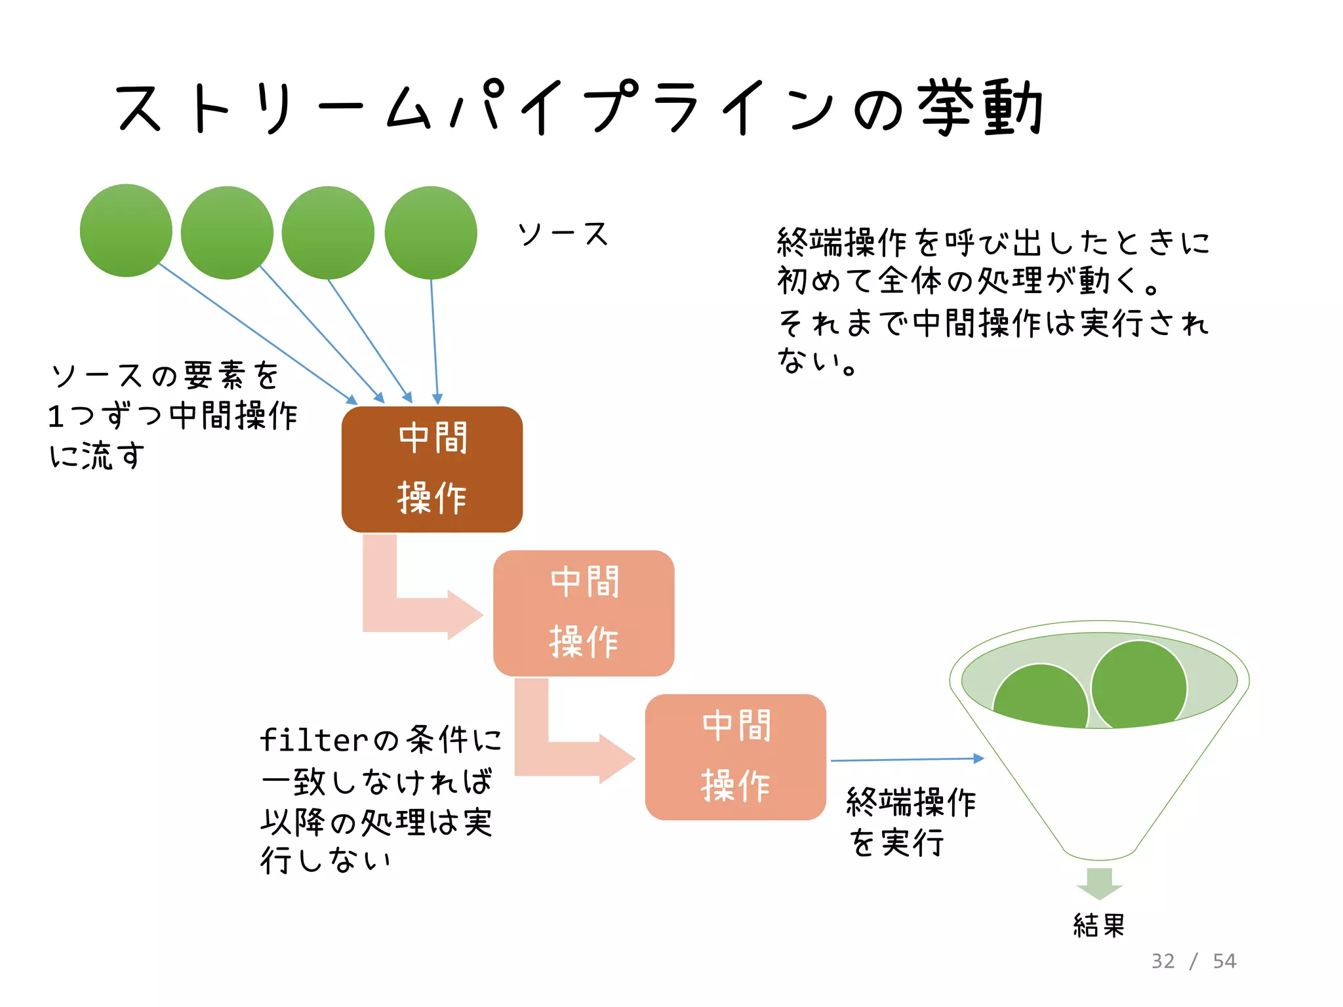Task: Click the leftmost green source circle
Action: (x=126, y=230)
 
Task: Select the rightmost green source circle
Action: (x=430, y=232)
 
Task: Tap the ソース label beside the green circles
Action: (x=563, y=234)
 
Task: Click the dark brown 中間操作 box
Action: (x=431, y=469)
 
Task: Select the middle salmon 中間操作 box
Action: (x=584, y=613)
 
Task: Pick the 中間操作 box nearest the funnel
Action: (x=735, y=757)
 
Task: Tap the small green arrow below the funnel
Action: (x=1100, y=882)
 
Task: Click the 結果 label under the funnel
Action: (x=1099, y=925)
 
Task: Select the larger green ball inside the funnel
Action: (x=1139, y=684)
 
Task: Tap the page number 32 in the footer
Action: (x=1163, y=961)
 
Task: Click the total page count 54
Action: (x=1224, y=961)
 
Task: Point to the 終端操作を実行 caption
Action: (x=912, y=822)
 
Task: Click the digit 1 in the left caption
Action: (x=56, y=416)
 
